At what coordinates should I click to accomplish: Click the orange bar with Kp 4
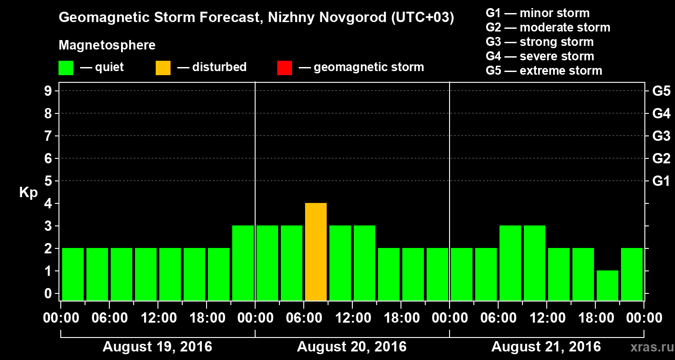pyautogui.click(x=315, y=252)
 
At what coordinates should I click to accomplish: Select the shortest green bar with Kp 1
pyautogui.click(x=607, y=285)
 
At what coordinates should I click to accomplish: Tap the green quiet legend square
pyautogui.click(x=66, y=68)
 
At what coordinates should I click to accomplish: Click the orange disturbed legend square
pyautogui.click(x=163, y=68)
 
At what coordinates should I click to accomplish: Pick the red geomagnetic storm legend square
pyautogui.click(x=284, y=68)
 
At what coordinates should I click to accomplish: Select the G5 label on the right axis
pyautogui.click(x=661, y=91)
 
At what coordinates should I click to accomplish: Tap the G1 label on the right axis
pyautogui.click(x=661, y=181)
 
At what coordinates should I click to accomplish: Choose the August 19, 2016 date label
pyautogui.click(x=157, y=347)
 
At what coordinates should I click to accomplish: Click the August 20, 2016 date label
pyautogui.click(x=351, y=347)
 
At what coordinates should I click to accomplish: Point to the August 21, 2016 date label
pyautogui.click(x=546, y=347)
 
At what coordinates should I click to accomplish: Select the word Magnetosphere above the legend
pyautogui.click(x=107, y=45)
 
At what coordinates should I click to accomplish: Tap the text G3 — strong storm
pyautogui.click(x=540, y=42)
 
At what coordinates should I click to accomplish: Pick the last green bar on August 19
pyautogui.click(x=243, y=263)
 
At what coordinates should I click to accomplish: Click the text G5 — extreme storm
pyautogui.click(x=544, y=71)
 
